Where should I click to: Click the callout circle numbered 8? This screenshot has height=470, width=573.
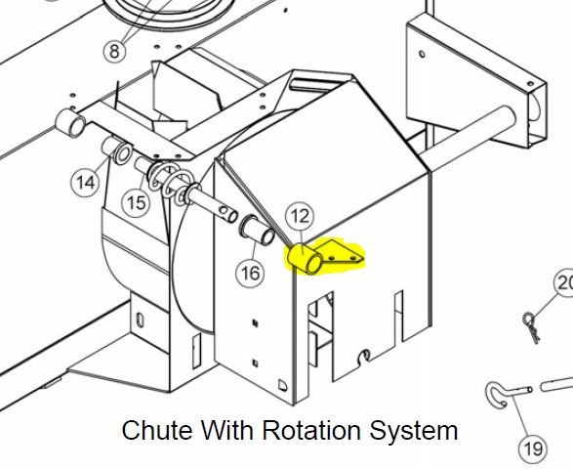[x=114, y=51]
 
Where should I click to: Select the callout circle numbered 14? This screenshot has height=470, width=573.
[x=86, y=182]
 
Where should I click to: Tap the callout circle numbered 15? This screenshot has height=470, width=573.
[x=137, y=202]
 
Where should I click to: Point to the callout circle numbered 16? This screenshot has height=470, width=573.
[x=251, y=273]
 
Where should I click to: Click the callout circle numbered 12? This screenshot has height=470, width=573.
[x=300, y=216]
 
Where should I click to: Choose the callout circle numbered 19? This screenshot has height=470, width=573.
[x=533, y=449]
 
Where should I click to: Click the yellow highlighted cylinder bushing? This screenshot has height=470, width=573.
[x=305, y=259]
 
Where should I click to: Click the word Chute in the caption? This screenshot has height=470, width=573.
[x=157, y=430]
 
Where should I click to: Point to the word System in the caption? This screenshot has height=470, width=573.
[x=413, y=432]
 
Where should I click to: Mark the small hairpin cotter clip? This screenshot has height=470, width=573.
[x=531, y=326]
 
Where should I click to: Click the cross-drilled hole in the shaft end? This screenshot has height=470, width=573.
[x=229, y=212]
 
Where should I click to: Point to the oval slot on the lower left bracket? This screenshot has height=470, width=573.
[x=140, y=320]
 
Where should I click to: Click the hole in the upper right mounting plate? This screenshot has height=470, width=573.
[x=422, y=54]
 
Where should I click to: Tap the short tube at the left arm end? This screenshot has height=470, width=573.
[x=70, y=123]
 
